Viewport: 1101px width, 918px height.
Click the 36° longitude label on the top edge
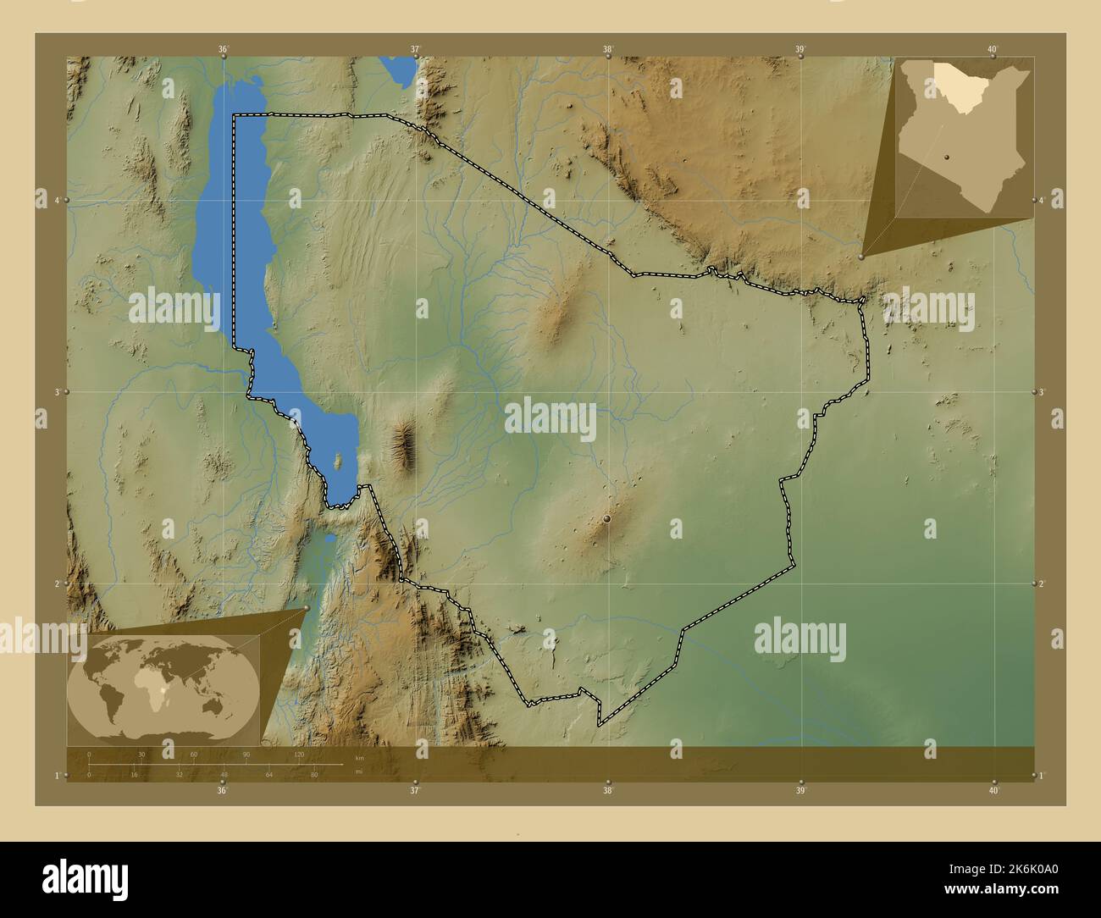coord(223,49)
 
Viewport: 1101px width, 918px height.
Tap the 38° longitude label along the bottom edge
coord(607,791)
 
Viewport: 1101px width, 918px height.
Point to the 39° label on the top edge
coord(800,49)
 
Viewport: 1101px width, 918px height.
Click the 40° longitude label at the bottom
coord(993,791)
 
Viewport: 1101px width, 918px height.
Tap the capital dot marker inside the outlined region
coord(607,518)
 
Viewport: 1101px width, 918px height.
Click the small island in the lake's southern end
coord(339,462)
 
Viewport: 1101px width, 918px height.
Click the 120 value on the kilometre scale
coord(298,754)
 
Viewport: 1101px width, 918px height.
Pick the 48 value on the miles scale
coord(224,775)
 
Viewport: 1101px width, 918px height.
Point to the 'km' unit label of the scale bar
coord(359,758)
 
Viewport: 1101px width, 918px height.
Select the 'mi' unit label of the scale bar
coord(359,771)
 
